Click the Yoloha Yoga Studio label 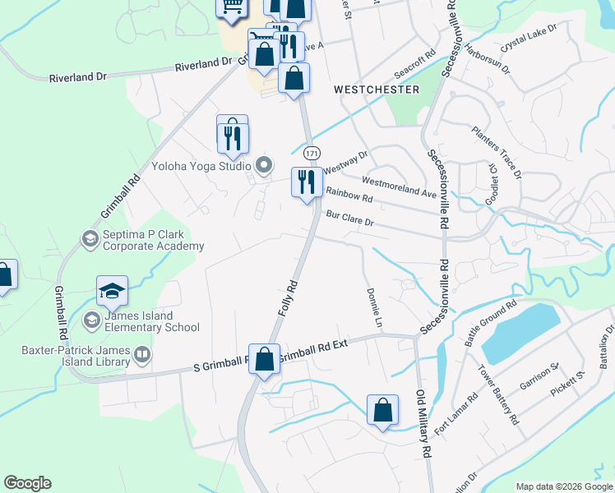point(201,164)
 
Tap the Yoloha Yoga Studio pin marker point(264,165)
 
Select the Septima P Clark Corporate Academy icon point(90,238)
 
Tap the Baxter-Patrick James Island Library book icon point(143,355)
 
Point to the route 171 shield point(311,153)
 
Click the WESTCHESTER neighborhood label point(377,89)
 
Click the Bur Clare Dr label point(350,219)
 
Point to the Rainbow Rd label point(349,196)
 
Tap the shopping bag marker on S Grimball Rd point(265,359)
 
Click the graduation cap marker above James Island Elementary point(112,291)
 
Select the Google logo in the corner point(27,483)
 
